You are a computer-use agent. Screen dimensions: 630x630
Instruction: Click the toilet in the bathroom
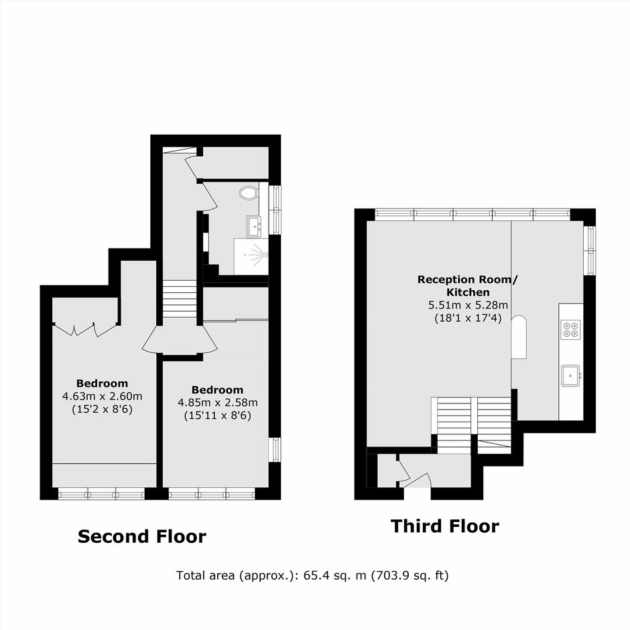pos(248,192)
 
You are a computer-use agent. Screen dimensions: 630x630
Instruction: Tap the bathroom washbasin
pos(254,227)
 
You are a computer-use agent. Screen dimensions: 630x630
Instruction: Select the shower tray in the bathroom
pos(251,257)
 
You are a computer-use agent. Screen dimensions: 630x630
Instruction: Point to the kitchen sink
pos(570,376)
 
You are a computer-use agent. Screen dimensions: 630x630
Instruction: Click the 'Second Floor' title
pos(142,536)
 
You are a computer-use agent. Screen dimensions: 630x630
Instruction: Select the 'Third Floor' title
pos(445,526)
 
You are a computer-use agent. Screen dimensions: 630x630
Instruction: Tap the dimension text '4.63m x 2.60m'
pos(102,397)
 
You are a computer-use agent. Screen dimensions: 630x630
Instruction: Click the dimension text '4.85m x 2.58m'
pos(218,403)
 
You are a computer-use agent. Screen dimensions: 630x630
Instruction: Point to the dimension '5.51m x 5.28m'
pos(468,306)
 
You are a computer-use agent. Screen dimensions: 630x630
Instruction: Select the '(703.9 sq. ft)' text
pos(409,576)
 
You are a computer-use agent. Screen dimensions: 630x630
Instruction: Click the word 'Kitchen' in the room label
pos(468,292)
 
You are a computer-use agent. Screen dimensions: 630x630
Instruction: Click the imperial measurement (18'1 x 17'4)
pos(468,318)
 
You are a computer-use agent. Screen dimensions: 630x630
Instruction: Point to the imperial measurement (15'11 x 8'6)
pos(218,416)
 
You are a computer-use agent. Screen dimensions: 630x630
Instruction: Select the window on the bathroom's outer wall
pos(275,210)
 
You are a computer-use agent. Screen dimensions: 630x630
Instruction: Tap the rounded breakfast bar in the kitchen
pos(519,336)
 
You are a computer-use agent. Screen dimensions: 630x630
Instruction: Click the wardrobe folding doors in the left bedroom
pos(85,329)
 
